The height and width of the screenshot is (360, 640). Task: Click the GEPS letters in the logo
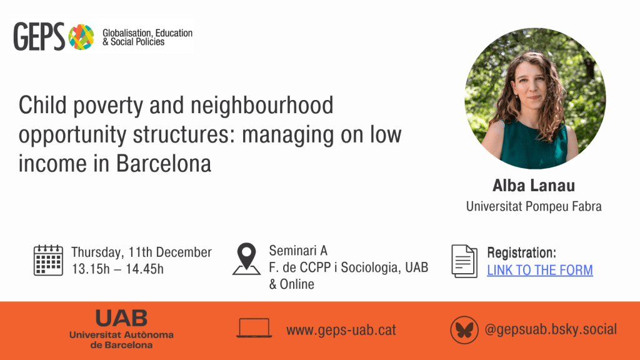click(x=39, y=37)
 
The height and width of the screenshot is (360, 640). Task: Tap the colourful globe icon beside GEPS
click(x=81, y=37)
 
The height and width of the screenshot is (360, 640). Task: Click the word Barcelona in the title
click(x=164, y=164)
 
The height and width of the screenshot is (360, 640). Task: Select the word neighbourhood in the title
click(x=262, y=105)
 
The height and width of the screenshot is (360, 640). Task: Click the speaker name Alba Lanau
click(x=534, y=186)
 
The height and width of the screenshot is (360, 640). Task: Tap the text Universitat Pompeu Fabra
click(x=534, y=206)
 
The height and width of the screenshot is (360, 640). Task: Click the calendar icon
click(x=48, y=261)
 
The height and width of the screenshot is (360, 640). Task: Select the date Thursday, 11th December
click(x=142, y=252)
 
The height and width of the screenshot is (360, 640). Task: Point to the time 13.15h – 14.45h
click(x=117, y=269)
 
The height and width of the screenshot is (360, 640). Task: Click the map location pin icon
click(x=246, y=259)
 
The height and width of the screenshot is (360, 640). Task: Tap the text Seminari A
click(x=298, y=251)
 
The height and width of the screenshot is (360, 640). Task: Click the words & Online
click(x=291, y=284)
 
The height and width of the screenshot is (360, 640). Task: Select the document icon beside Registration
click(x=464, y=261)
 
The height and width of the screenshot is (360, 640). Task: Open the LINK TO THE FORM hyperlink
click(x=539, y=270)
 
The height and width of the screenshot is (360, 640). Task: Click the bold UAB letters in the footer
click(x=121, y=318)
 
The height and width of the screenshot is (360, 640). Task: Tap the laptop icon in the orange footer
click(x=254, y=328)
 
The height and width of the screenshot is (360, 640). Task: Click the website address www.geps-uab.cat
click(x=341, y=330)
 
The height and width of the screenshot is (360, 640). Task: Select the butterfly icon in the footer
click(x=464, y=330)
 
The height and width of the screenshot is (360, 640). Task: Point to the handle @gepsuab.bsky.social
click(x=551, y=329)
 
